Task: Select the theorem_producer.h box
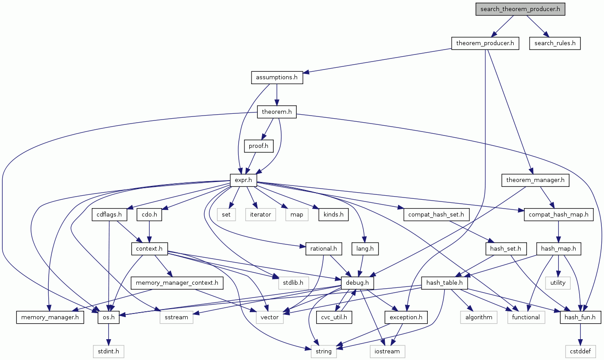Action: pyautogui.click(x=485, y=43)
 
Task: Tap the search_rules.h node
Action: pyautogui.click(x=555, y=43)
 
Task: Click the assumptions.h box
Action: pyautogui.click(x=277, y=77)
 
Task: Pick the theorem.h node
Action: pyautogui.click(x=277, y=112)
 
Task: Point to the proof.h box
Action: pyautogui.click(x=259, y=146)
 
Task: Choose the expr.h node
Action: pyautogui.click(x=244, y=180)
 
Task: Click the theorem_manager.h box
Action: pyautogui.click(x=535, y=180)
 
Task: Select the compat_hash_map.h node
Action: pyautogui.click(x=558, y=215)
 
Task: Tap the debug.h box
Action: pyautogui.click(x=357, y=283)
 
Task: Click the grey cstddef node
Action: pyautogui.click(x=580, y=351)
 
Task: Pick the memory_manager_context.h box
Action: pyautogui.click(x=177, y=283)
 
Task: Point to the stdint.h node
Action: pyautogui.click(x=108, y=351)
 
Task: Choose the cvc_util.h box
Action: pyautogui.click(x=334, y=317)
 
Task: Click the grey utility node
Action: pyautogui.click(x=558, y=283)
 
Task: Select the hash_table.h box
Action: pyautogui.click(x=444, y=283)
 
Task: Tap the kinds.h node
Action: pyautogui.click(x=333, y=215)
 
